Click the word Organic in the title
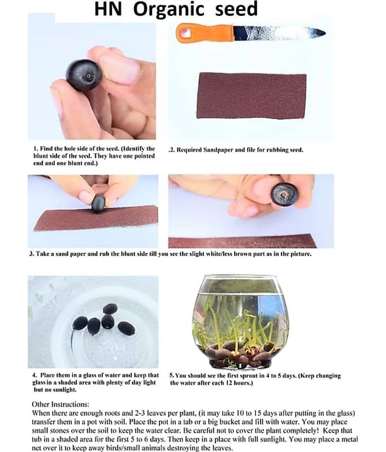coord(168,9)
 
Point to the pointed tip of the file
coord(325,33)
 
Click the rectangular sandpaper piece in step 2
coord(251,95)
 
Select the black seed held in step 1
coord(84,75)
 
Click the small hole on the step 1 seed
coord(88,76)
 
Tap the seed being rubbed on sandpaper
coord(98,204)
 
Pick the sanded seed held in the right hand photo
coord(284,194)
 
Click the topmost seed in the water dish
coord(110,308)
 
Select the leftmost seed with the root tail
coord(80,323)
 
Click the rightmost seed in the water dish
coord(126,328)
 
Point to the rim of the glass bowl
coord(240,277)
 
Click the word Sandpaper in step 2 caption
coord(222,150)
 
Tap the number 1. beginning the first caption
coord(36,149)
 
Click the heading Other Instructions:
coord(60,404)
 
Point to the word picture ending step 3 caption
coord(302,254)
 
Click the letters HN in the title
coord(108,9)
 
